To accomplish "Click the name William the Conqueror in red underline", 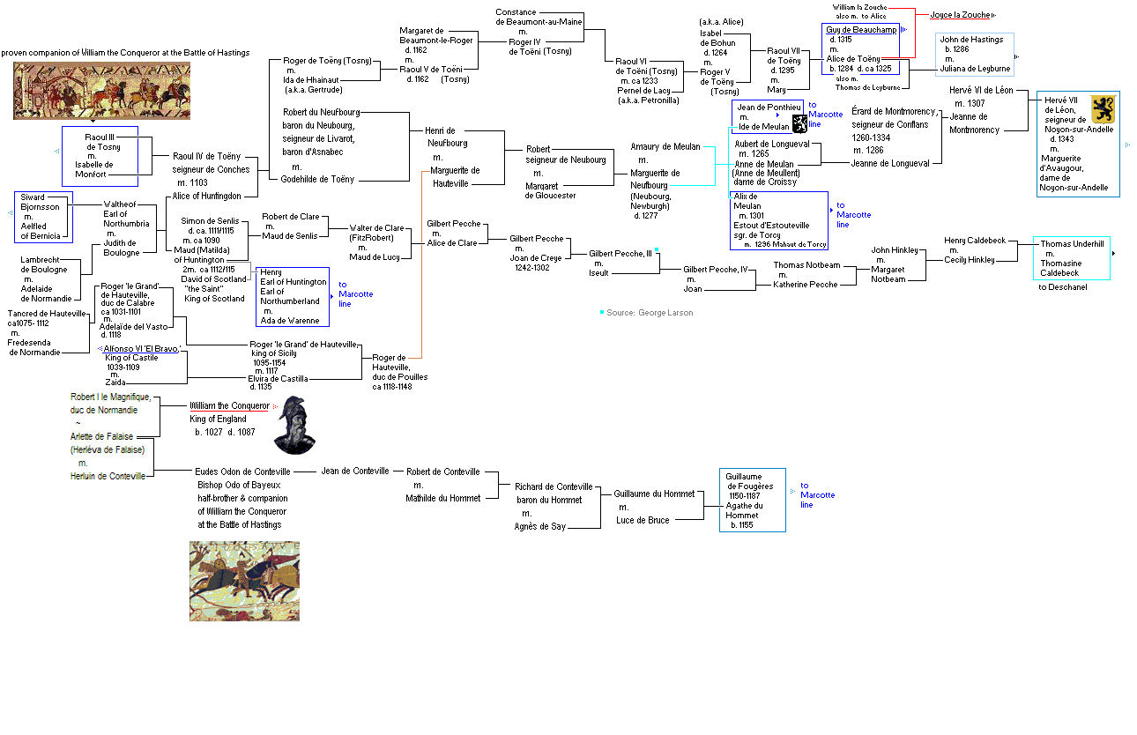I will tap(228, 406).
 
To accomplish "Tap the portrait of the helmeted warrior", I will tap(294, 426).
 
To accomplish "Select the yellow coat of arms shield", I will tap(1104, 109).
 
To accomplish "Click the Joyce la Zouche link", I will tap(960, 15).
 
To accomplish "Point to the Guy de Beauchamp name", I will tap(861, 30).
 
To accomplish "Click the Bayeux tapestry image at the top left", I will tap(101, 92).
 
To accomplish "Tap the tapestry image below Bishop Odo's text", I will tap(244, 581).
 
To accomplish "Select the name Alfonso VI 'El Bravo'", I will tap(141, 349).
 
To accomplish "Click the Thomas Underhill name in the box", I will tap(1071, 244).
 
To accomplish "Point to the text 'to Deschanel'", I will tap(1063, 286).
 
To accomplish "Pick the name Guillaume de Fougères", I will tap(749, 481).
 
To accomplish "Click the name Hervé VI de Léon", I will tap(981, 91).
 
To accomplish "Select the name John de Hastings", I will tap(971, 41).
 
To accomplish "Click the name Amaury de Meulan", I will tap(665, 146).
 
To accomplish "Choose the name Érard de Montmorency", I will tap(894, 112).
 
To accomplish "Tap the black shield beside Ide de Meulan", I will tap(799, 123).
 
